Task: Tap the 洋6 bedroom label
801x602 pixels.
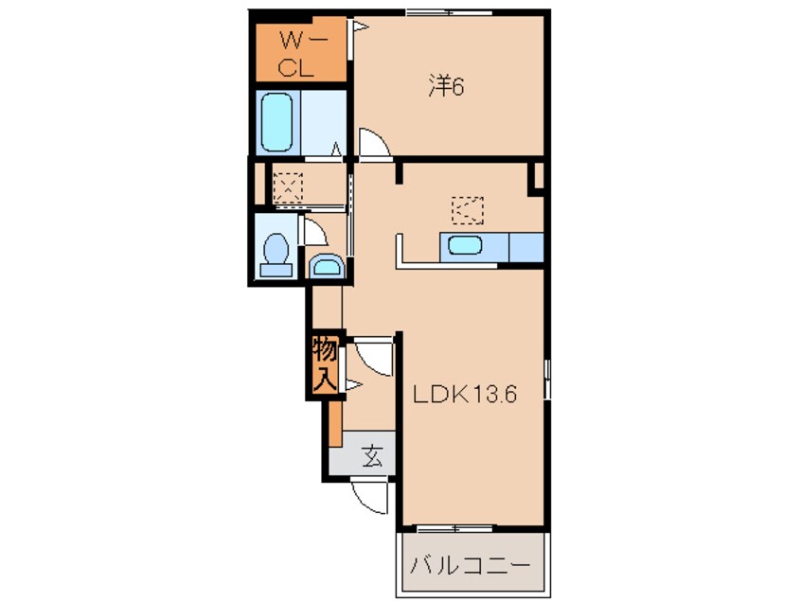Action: [446, 87]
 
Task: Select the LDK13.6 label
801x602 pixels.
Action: [465, 394]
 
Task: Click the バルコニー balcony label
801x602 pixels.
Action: [470, 566]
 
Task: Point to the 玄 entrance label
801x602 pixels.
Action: [373, 455]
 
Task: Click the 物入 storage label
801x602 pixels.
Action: [325, 364]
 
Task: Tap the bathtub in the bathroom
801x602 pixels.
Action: [276, 122]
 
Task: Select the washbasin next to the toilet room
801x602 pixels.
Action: [326, 266]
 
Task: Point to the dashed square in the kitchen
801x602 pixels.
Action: [468, 210]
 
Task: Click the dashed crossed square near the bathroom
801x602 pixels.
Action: [288, 188]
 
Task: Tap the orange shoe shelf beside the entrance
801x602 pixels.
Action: [335, 423]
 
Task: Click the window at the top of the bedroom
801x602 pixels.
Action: [449, 12]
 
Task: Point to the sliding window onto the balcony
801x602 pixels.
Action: [456, 528]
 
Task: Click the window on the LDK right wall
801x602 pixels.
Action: [547, 379]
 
